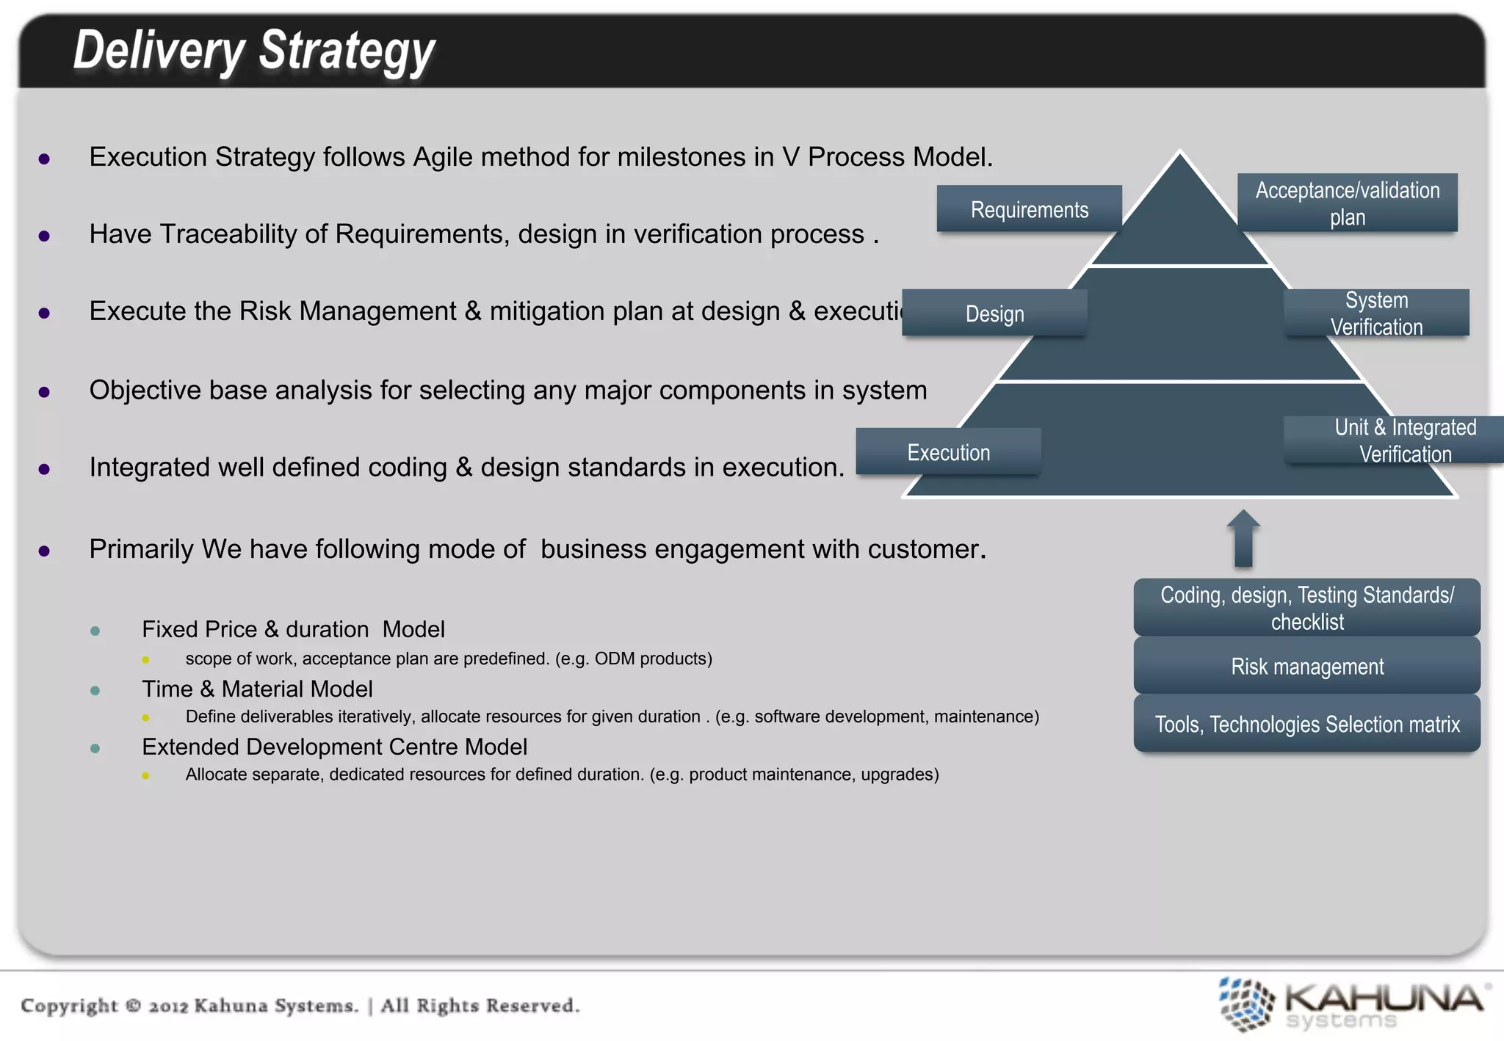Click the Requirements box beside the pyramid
click(x=1029, y=209)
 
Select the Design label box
click(x=994, y=313)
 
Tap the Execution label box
click(x=948, y=452)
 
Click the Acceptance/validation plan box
click(x=1347, y=203)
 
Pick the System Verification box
click(x=1376, y=313)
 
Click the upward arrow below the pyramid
click(x=1243, y=540)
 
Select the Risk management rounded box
click(x=1306, y=667)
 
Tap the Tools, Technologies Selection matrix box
click(x=1306, y=725)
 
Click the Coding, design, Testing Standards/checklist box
click(x=1306, y=608)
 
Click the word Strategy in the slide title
click(x=347, y=51)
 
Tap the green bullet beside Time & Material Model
click(x=95, y=690)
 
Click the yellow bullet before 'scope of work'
click(x=145, y=659)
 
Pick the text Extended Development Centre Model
click(x=334, y=747)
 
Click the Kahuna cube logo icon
click(x=1245, y=1004)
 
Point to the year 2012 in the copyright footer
click(x=168, y=1006)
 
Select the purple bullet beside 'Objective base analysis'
click(x=44, y=392)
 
